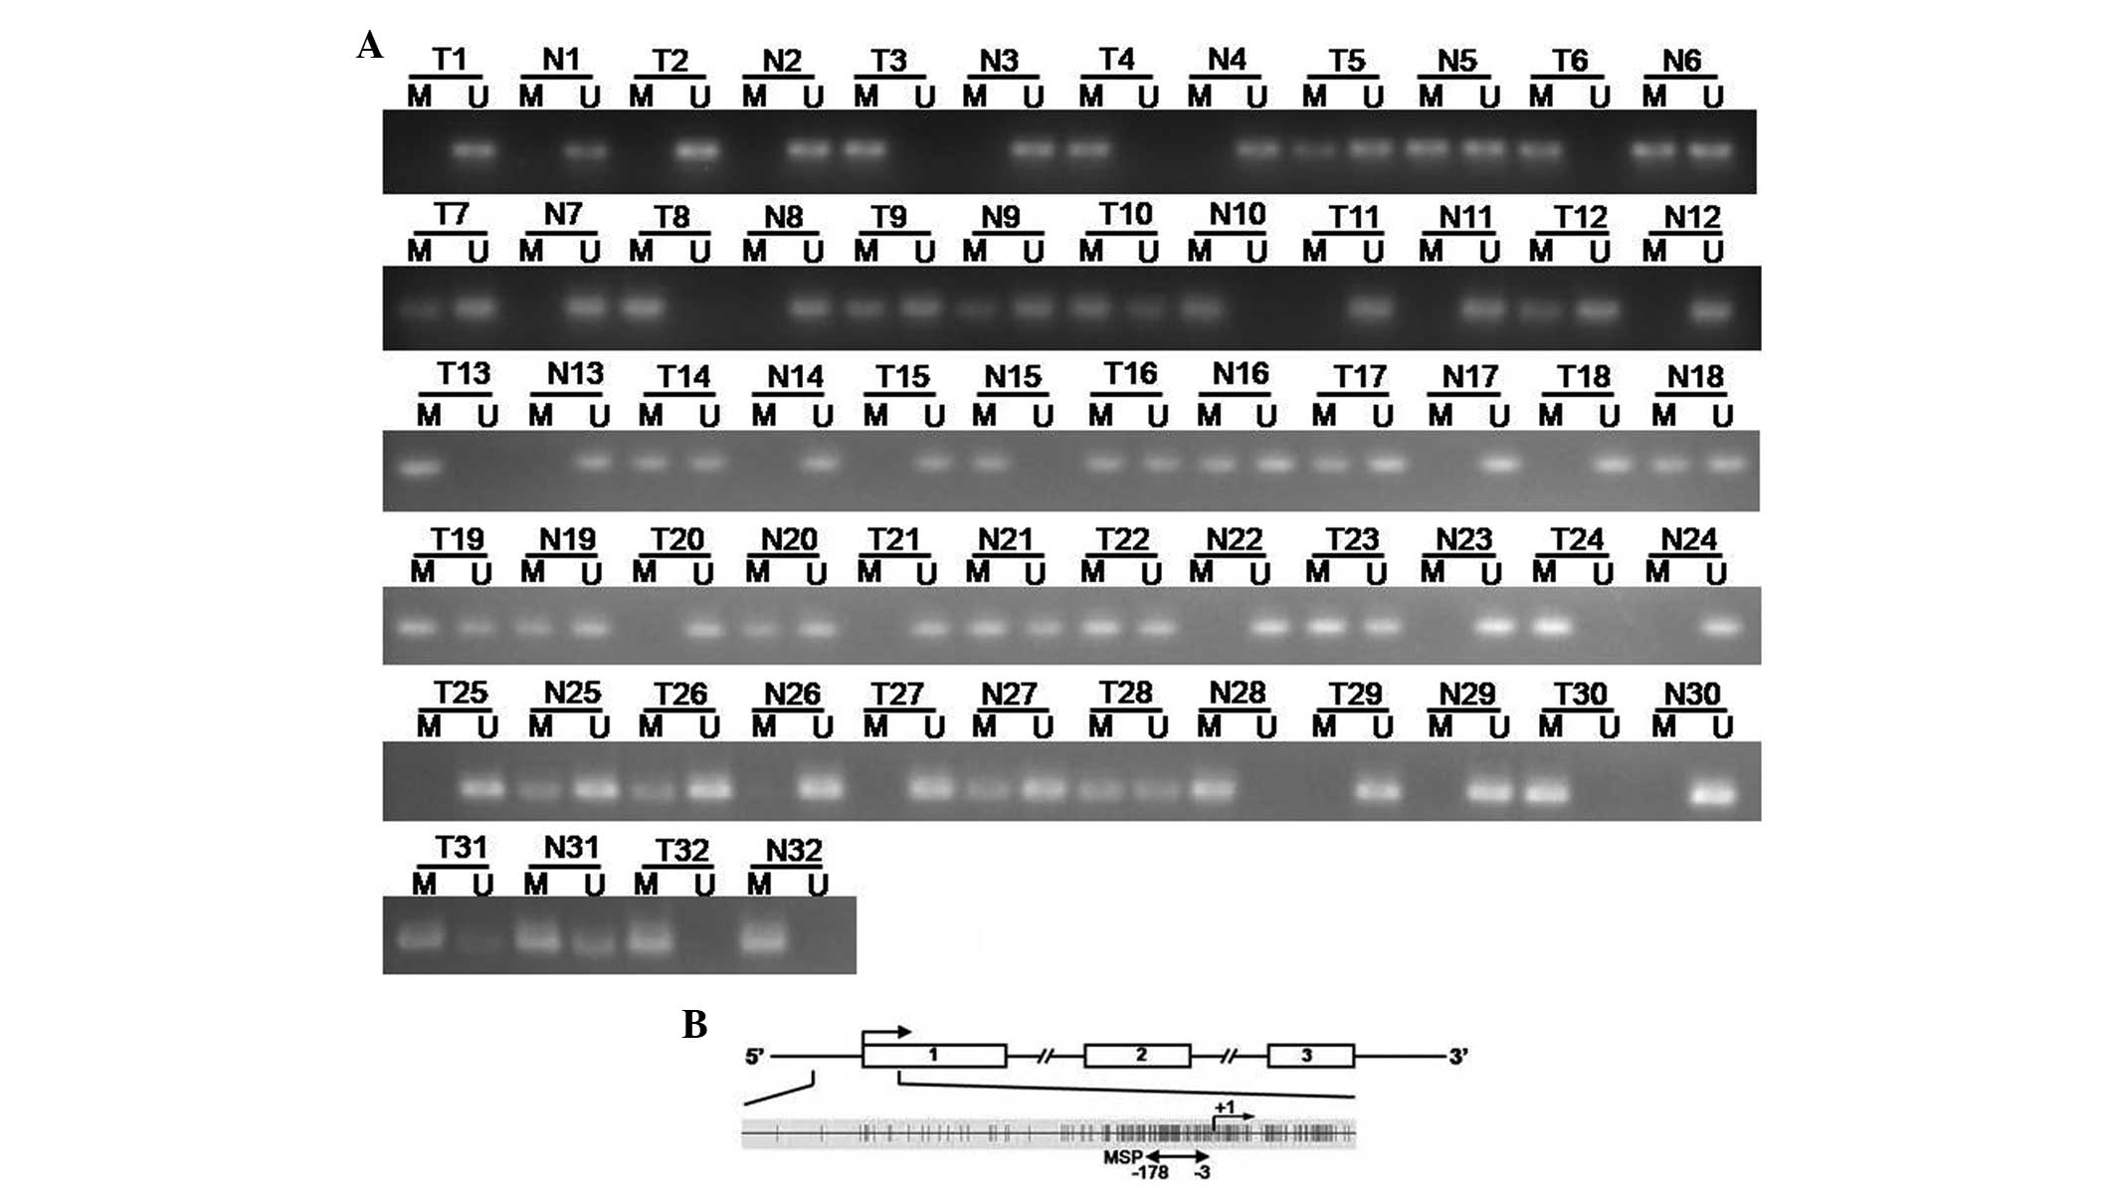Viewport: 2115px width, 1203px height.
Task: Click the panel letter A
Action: [369, 46]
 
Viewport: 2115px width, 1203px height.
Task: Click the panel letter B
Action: [694, 1024]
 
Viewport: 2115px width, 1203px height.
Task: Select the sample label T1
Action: [449, 60]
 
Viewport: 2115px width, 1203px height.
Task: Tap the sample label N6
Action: [1681, 61]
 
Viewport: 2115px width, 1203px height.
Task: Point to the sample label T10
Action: [1125, 215]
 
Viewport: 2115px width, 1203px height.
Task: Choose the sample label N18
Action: [1695, 377]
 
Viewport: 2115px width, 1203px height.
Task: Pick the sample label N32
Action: [794, 851]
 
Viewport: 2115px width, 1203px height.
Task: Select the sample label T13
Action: [463, 374]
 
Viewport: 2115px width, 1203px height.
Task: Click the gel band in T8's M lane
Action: [642, 305]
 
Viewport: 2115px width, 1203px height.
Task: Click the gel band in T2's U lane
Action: [697, 151]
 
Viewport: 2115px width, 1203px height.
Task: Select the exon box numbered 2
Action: [1137, 1056]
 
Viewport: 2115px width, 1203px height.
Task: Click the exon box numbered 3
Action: [1309, 1056]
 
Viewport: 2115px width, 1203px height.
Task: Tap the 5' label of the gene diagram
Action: [755, 1057]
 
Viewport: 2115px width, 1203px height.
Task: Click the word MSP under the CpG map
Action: [1122, 1157]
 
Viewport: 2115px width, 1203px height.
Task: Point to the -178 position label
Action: [1150, 1173]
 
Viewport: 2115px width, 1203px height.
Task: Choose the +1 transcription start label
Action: [1224, 1106]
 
